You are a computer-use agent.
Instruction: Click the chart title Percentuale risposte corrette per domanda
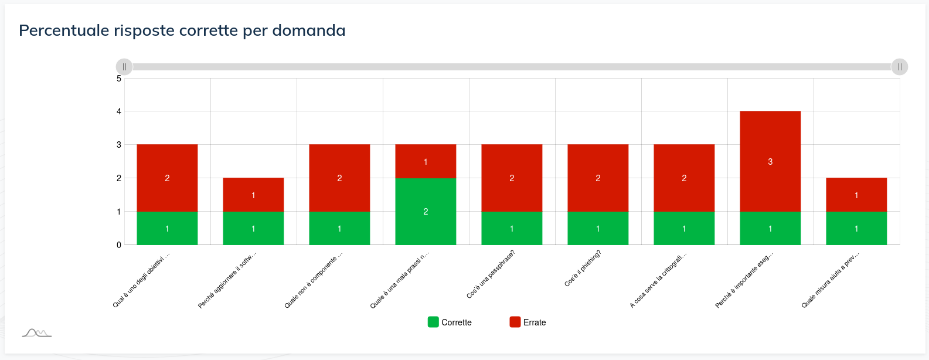coord(182,30)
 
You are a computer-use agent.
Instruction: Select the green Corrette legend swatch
coord(433,322)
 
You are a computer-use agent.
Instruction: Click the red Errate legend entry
coord(528,322)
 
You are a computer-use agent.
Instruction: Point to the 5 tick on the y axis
coord(119,78)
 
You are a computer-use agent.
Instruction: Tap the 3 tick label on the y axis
coord(119,145)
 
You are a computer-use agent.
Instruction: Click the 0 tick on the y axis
coord(119,245)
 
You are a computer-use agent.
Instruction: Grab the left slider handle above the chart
coord(124,67)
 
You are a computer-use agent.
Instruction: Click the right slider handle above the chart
coord(900,67)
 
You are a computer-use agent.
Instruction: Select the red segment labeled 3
coord(770,161)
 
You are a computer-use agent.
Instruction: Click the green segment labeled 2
coord(426,211)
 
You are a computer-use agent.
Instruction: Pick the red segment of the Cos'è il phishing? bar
coord(598,178)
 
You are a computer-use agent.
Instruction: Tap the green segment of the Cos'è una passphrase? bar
coord(512,228)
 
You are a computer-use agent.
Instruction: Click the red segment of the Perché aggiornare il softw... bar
coord(253,195)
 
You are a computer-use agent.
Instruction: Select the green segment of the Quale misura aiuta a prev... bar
coord(856,228)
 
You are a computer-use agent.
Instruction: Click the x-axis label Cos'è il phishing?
coord(583,269)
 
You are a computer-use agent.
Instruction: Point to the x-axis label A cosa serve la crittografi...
coord(658,281)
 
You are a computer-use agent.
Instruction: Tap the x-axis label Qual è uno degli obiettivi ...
coord(141,280)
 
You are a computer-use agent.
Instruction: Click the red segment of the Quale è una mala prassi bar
coord(426,161)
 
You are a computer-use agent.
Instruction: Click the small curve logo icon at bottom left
coord(36,333)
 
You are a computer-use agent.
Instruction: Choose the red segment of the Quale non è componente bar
coord(339,178)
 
